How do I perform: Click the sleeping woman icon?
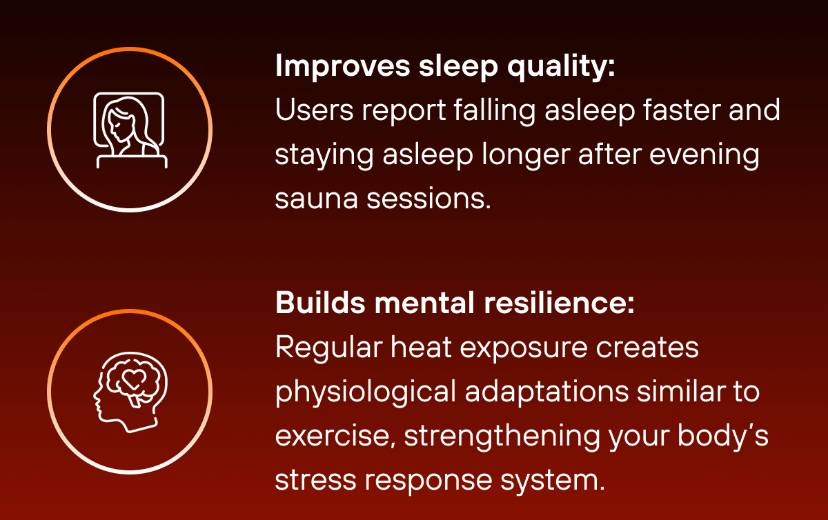coord(130,129)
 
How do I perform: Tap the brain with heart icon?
coord(130,392)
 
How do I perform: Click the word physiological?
coord(366,393)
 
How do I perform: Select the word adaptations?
coord(546,393)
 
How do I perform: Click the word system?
coord(556,481)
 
